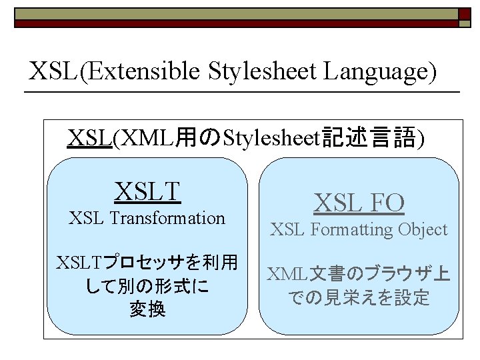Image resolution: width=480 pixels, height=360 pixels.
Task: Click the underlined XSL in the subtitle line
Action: click(89, 138)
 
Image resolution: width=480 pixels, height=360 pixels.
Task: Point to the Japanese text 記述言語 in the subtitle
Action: click(369, 138)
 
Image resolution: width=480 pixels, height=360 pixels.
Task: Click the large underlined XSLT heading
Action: click(147, 191)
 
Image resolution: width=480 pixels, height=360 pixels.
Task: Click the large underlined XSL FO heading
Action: click(359, 203)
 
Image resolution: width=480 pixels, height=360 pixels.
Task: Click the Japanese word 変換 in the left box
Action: click(147, 310)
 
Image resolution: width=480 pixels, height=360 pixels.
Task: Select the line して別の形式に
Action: click(147, 287)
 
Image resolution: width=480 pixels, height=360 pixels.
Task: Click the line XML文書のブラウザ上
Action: click(359, 274)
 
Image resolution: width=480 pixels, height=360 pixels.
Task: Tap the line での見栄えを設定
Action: click(359, 298)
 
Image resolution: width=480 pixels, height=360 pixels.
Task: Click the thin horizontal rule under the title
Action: click(243, 91)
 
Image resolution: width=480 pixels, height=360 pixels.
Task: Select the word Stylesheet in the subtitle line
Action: click(271, 138)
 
